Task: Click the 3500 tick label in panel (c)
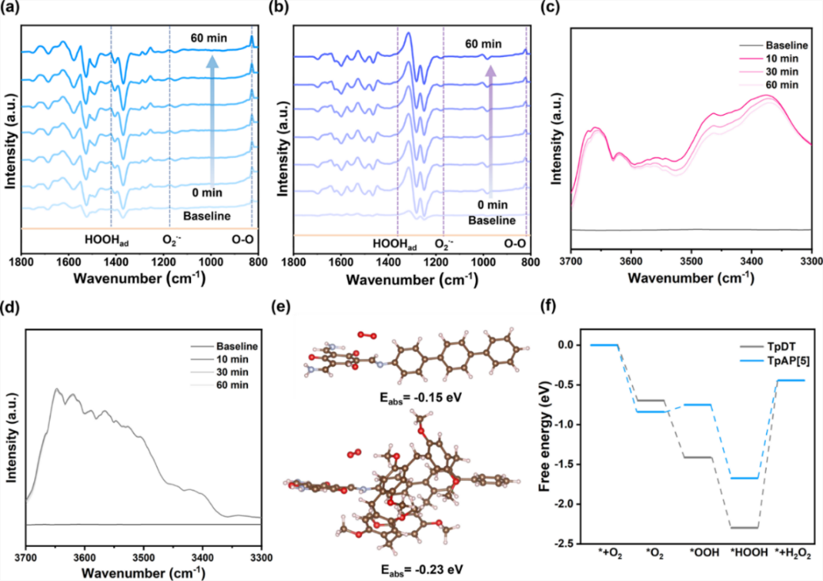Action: point(691,259)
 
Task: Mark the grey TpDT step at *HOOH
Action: point(745,527)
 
